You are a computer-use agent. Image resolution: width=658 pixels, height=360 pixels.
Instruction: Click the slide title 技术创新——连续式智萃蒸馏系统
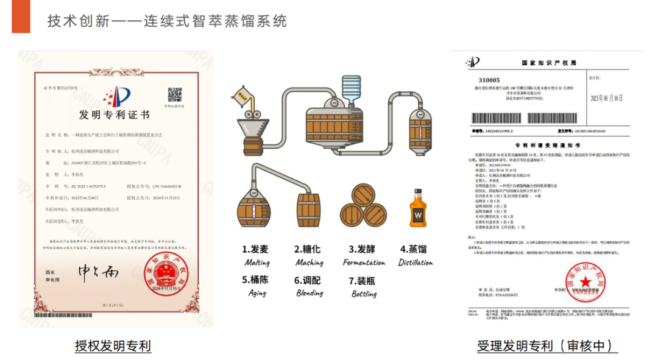(167, 21)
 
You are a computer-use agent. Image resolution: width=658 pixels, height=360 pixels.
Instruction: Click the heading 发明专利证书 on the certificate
(114, 115)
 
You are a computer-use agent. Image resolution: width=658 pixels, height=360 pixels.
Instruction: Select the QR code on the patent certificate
(175, 94)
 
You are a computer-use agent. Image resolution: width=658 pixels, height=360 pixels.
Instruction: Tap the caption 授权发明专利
(113, 346)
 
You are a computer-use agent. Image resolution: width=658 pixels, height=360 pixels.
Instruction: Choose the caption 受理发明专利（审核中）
(547, 346)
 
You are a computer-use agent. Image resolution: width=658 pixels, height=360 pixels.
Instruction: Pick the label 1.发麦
(255, 249)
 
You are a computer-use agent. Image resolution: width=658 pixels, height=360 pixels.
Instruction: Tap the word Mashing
(309, 263)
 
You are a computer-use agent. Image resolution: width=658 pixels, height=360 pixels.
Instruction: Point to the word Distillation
(416, 263)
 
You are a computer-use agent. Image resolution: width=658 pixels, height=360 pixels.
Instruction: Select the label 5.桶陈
(255, 280)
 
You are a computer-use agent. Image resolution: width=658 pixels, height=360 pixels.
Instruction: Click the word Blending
(309, 293)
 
